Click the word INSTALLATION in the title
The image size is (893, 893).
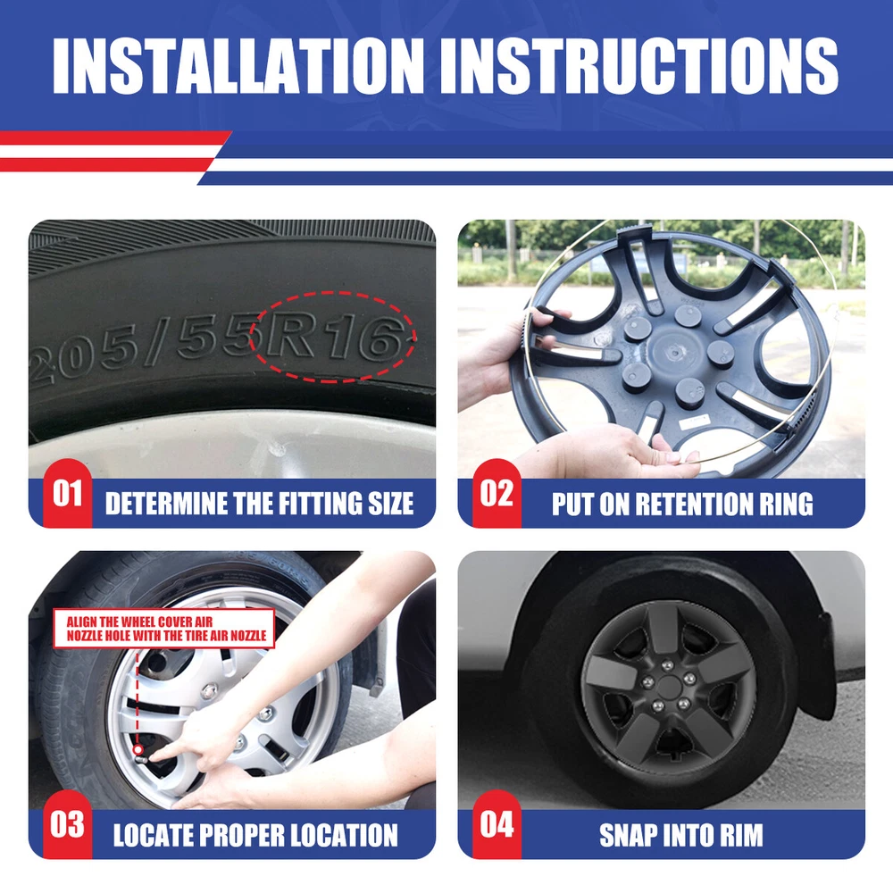click(x=238, y=65)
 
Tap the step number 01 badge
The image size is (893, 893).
click(x=67, y=493)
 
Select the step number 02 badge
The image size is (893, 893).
click(x=497, y=493)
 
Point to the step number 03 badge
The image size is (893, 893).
click(x=67, y=824)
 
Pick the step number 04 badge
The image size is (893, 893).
click(x=497, y=824)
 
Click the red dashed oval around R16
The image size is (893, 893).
click(x=332, y=293)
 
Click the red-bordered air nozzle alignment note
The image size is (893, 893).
click(x=164, y=628)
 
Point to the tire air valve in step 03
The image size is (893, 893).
click(x=139, y=754)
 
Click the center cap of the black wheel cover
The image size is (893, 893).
click(x=669, y=688)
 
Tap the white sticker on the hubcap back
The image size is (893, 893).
click(x=695, y=422)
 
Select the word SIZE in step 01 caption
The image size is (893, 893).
click(x=391, y=504)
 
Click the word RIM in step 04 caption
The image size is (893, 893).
click(x=741, y=836)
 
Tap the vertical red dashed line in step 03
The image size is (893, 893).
click(x=138, y=697)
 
